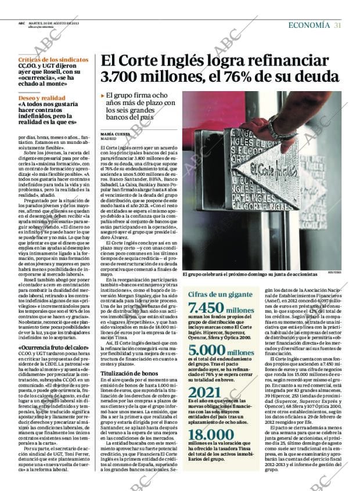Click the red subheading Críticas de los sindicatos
click(48, 60)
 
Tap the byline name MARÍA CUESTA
click(115, 134)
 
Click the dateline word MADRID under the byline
click(108, 139)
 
